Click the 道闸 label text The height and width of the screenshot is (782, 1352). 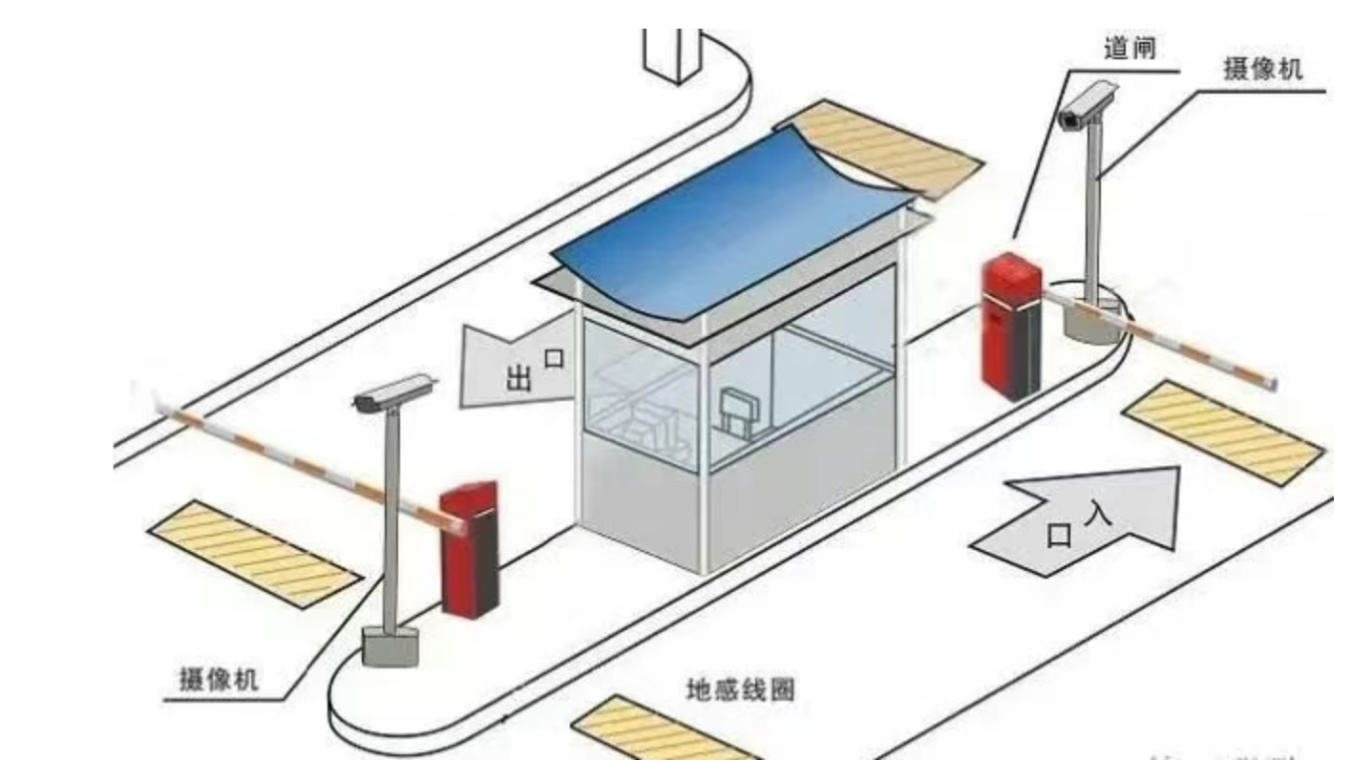pyautogui.click(x=1130, y=49)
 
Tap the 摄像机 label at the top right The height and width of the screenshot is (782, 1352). pyautogui.click(x=1262, y=69)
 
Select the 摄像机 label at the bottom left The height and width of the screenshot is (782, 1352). pyautogui.click(x=219, y=680)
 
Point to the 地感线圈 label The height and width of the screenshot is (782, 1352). pyautogui.click(x=740, y=689)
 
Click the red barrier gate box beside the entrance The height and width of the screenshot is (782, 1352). pyautogui.click(x=1012, y=325)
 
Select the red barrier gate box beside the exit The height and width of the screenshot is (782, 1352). pyautogui.click(x=469, y=549)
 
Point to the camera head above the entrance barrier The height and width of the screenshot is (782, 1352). pyautogui.click(x=1088, y=105)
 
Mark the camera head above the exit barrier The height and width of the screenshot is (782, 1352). pyautogui.click(x=391, y=392)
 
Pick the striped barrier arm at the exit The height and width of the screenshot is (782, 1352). pyautogui.click(x=296, y=463)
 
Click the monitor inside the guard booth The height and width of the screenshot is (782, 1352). pyautogui.click(x=739, y=411)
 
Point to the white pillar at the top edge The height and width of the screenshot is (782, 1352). pyautogui.click(x=673, y=53)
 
